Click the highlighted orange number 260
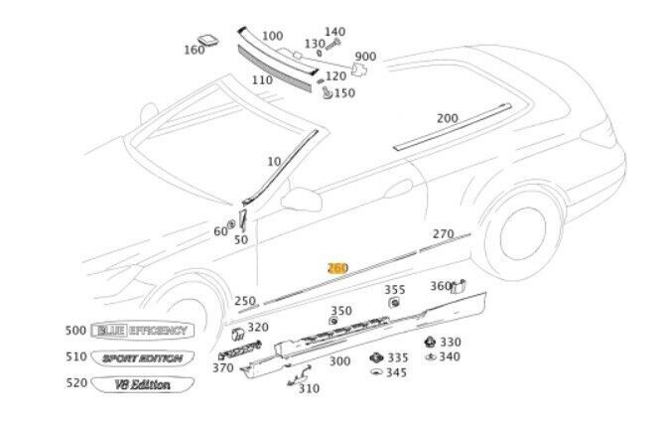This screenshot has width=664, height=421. pyautogui.click(x=338, y=268)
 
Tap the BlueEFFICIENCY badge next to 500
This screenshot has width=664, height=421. pyautogui.click(x=140, y=331)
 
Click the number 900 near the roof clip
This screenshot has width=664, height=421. pyautogui.click(x=365, y=57)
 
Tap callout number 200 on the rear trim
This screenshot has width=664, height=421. pyautogui.click(x=447, y=118)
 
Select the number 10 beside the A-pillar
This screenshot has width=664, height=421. pyautogui.click(x=274, y=161)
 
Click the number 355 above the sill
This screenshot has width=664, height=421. pyautogui.click(x=395, y=289)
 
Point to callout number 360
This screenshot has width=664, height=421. pyautogui.click(x=440, y=286)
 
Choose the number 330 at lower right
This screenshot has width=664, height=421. pyautogui.click(x=451, y=342)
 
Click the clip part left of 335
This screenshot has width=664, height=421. pyautogui.click(x=375, y=357)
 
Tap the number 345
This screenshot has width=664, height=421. pyautogui.click(x=397, y=373)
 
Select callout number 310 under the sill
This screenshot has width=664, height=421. pyautogui.click(x=309, y=388)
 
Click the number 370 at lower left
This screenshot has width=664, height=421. pyautogui.click(x=223, y=368)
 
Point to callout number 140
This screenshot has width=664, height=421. pyautogui.click(x=335, y=32)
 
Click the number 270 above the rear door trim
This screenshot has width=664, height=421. pyautogui.click(x=443, y=234)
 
